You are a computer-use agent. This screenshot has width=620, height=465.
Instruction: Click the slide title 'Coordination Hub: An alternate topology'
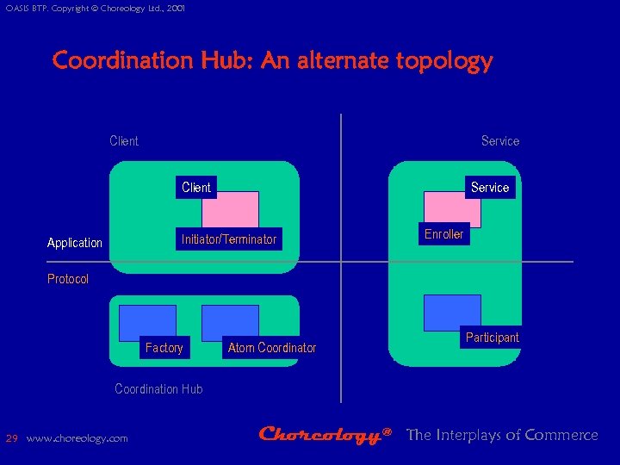click(x=272, y=61)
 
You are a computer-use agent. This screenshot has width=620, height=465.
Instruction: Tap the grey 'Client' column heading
click(x=124, y=140)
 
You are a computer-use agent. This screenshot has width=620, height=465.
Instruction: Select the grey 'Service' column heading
click(x=500, y=140)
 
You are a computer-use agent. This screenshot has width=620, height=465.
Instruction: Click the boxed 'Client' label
click(x=196, y=187)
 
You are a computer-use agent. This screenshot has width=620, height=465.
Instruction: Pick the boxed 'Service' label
click(x=490, y=187)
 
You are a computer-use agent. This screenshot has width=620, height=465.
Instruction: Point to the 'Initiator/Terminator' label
click(x=229, y=239)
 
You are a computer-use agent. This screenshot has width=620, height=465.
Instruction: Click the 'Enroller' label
click(x=444, y=233)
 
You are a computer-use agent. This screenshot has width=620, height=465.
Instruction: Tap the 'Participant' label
click(x=493, y=338)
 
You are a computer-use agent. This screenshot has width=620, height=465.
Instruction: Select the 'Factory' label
click(x=164, y=348)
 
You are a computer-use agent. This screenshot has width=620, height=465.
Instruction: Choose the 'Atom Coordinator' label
click(x=272, y=348)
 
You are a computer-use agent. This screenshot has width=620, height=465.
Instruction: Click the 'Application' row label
click(x=75, y=243)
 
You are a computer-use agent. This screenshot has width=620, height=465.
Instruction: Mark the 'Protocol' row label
click(x=68, y=279)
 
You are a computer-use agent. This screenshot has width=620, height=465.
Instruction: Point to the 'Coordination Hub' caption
click(x=158, y=389)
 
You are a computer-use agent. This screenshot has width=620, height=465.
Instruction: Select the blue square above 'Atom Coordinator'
click(x=230, y=321)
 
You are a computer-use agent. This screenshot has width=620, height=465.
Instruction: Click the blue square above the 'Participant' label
click(x=451, y=311)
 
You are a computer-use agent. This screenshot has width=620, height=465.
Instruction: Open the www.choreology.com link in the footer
click(x=77, y=438)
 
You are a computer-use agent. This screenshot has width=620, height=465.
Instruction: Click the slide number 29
click(x=12, y=438)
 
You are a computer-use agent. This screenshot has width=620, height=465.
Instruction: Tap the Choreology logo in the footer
click(x=326, y=436)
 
